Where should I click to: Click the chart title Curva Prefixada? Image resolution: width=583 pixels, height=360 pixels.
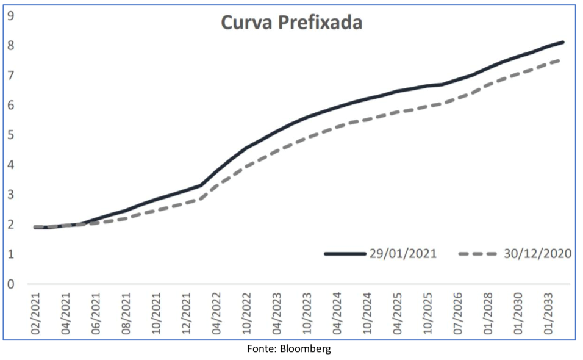(x=291, y=23)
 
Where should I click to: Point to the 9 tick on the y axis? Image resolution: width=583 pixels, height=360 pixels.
(x=12, y=15)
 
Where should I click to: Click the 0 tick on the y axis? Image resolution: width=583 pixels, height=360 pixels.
(x=12, y=284)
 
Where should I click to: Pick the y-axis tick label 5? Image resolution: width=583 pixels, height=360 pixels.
(x=12, y=135)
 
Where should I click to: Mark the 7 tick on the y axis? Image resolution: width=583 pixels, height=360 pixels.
(x=12, y=75)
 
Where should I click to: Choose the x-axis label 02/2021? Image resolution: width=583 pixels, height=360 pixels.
(x=37, y=314)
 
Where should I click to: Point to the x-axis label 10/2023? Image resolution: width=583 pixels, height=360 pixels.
(x=308, y=314)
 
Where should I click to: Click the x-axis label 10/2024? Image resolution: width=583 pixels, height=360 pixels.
(x=368, y=314)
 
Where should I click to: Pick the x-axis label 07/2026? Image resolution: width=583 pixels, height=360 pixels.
(x=459, y=314)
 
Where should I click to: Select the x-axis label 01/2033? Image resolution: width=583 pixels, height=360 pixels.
(x=549, y=314)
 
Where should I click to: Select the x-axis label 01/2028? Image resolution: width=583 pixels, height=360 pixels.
(x=489, y=314)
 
